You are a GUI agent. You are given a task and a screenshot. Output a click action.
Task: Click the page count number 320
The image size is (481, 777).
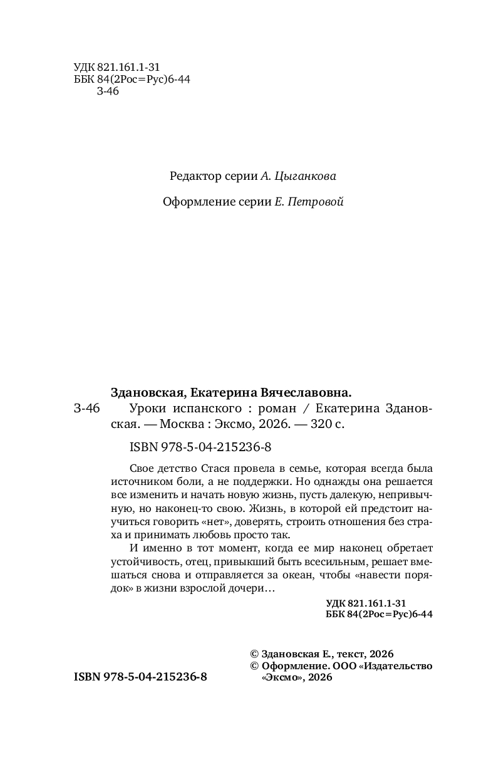pos(319,423)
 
